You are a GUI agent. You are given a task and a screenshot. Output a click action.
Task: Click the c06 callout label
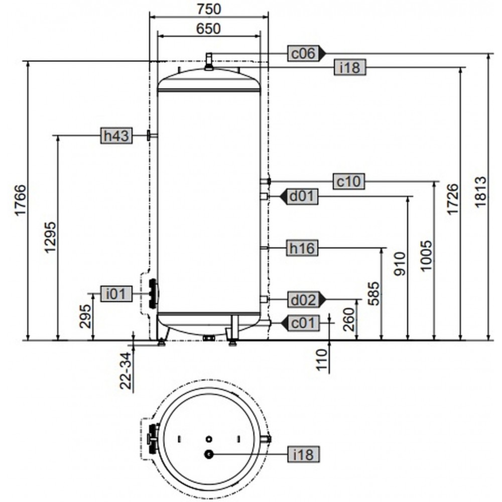[x=303, y=53]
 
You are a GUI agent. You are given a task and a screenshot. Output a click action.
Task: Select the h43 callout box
[x=116, y=136]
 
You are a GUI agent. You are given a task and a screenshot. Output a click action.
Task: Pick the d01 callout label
[x=302, y=196]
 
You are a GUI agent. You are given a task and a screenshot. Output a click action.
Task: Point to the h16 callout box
[x=302, y=248]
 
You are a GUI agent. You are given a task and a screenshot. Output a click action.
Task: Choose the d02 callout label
[x=303, y=300]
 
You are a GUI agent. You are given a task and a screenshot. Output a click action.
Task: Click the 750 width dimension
[x=209, y=9]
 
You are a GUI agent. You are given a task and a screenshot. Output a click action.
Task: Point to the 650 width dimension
[x=208, y=29]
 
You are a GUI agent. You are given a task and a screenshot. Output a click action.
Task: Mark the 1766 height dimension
[x=20, y=201]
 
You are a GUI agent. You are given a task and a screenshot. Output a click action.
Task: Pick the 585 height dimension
[x=374, y=294]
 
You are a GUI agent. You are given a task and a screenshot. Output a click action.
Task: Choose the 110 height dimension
[x=322, y=359]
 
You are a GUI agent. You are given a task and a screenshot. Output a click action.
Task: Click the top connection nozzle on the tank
[x=209, y=61]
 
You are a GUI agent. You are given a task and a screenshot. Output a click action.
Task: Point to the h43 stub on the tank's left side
[x=151, y=136]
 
